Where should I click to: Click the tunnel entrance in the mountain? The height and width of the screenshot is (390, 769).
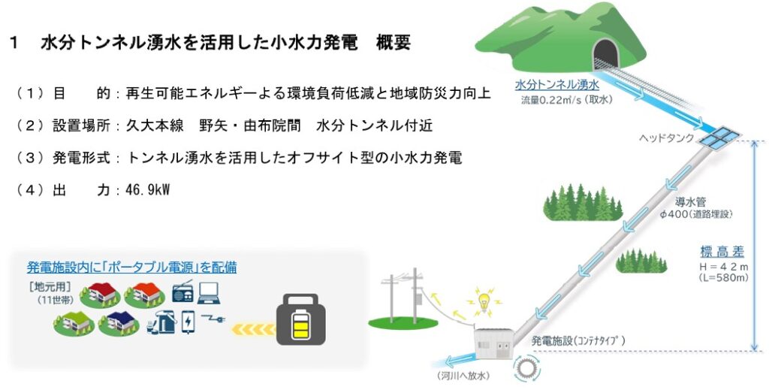click(605, 53)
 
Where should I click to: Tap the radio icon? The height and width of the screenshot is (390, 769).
click(184, 292)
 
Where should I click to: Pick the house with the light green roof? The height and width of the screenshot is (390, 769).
click(72, 322)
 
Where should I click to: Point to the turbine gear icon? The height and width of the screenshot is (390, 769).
click(526, 368)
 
